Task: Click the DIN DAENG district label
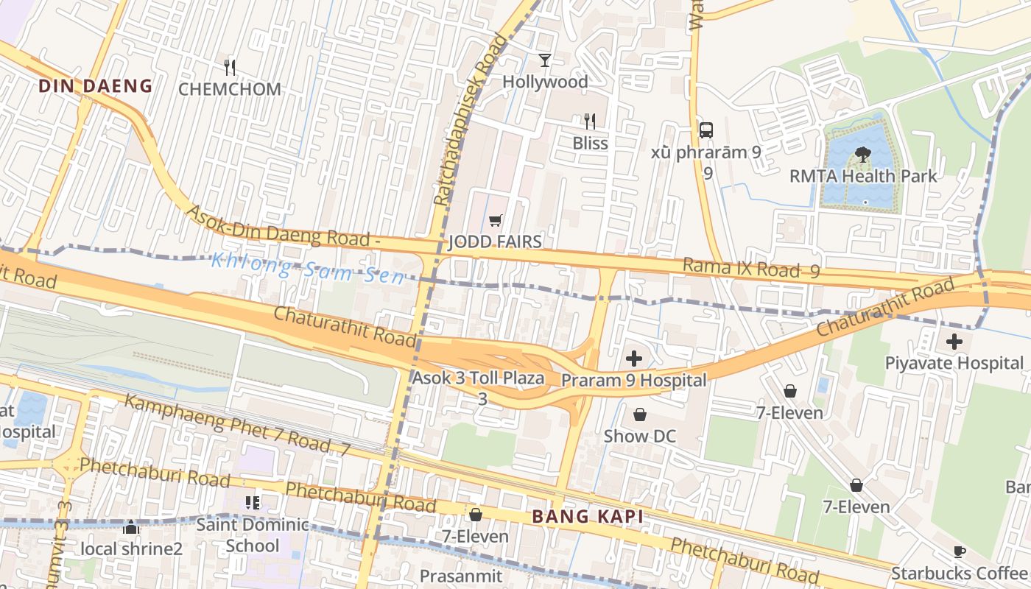95,86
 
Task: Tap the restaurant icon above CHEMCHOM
230,68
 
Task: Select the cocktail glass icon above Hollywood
545,60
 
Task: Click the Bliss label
591,143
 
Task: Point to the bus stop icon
706,130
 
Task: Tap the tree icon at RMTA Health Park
862,155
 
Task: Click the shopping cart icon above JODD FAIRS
496,221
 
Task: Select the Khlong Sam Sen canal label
308,268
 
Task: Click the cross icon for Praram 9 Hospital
633,359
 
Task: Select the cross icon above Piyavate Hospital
954,342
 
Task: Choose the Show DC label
639,436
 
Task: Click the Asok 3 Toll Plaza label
478,378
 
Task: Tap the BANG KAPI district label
587,516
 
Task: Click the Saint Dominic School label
253,535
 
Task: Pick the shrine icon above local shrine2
131,528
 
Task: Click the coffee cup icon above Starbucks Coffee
959,551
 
